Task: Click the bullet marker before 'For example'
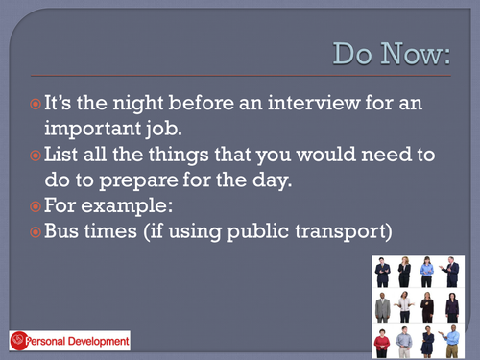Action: [35, 205]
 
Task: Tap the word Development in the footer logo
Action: [99, 340]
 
